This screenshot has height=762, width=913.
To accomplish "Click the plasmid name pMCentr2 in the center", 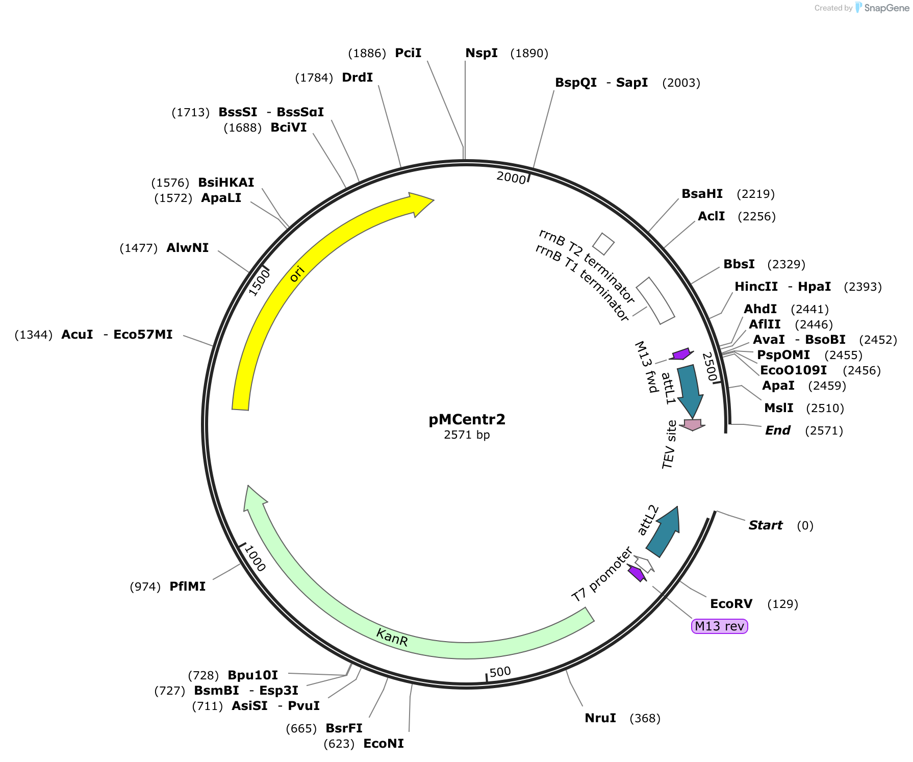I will pyautogui.click(x=467, y=419).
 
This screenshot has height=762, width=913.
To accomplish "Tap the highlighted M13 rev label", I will pyautogui.click(x=719, y=626).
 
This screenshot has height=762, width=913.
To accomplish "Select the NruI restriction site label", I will pyautogui.click(x=600, y=718).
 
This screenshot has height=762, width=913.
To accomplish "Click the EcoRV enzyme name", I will pyautogui.click(x=731, y=604).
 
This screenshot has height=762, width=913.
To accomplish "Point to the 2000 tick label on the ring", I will pyautogui.click(x=511, y=177).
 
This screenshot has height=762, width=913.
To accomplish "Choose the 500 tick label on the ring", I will pyautogui.click(x=500, y=672).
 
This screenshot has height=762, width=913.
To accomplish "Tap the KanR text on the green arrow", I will pyautogui.click(x=392, y=638).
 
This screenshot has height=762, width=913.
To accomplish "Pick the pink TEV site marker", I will pyautogui.click(x=693, y=424).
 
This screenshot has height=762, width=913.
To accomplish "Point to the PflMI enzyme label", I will pyautogui.click(x=187, y=587).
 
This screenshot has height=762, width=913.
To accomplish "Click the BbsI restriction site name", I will pyautogui.click(x=739, y=264).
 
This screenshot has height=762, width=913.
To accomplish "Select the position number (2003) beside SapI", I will pyautogui.click(x=681, y=83).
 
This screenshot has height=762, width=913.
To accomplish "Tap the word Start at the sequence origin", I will pyautogui.click(x=765, y=525).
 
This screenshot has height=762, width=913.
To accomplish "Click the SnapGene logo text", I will pyautogui.click(x=886, y=8).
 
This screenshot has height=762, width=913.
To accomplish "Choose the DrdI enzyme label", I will pyautogui.click(x=357, y=78).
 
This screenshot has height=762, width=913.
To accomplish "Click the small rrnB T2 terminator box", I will pyautogui.click(x=603, y=244).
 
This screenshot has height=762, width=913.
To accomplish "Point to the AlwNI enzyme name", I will pyautogui.click(x=187, y=248).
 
